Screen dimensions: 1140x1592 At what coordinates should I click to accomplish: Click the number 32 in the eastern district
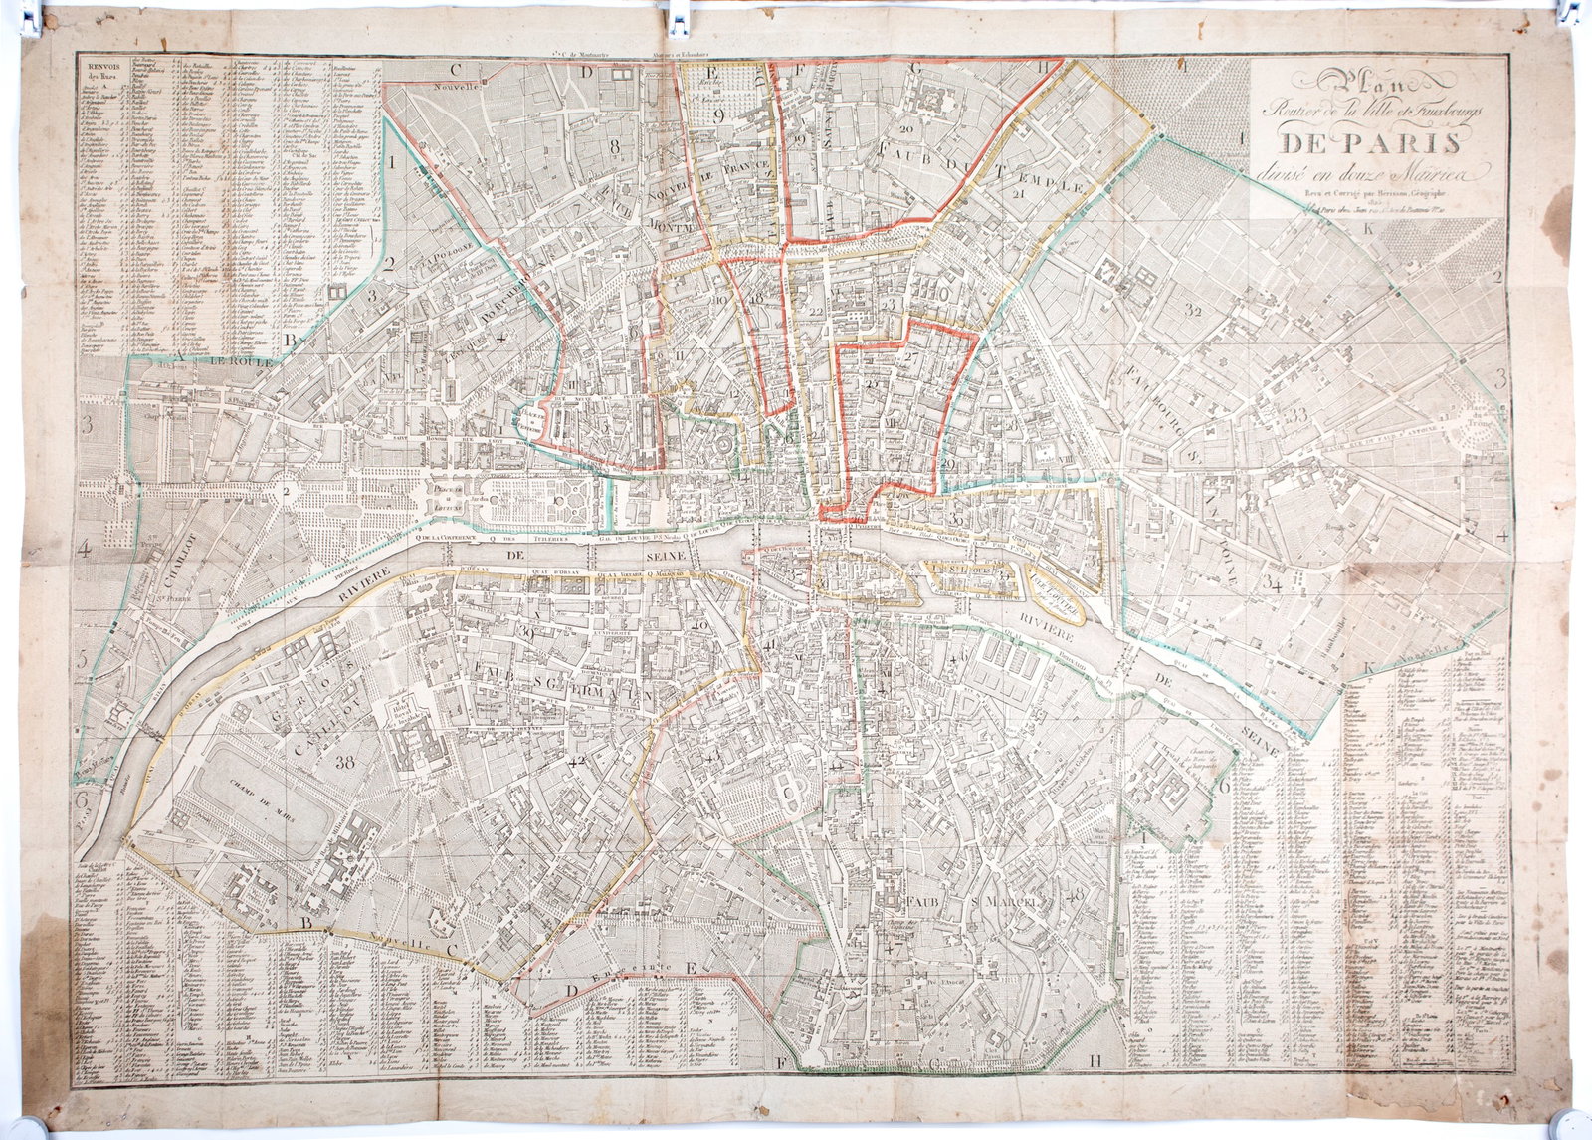click(1195, 311)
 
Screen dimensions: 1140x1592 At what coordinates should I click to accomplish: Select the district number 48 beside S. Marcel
click(1074, 893)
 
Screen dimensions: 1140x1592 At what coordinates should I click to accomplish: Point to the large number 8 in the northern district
click(615, 147)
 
